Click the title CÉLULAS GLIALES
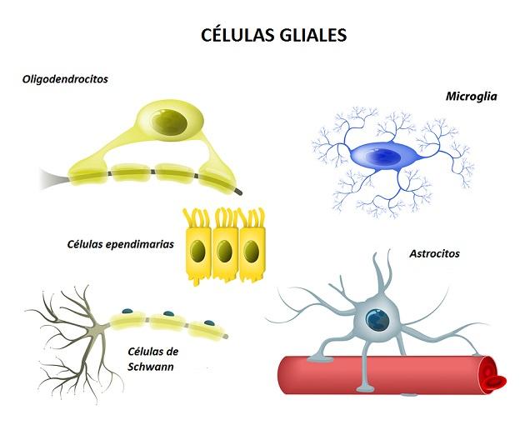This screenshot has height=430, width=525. point(273,34)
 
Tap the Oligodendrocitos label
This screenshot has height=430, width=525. point(65,79)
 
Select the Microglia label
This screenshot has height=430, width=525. point(471,97)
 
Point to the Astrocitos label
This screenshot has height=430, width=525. point(434,253)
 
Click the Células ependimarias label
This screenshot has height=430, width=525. point(121,244)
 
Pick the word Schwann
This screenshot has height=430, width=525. point(151,367)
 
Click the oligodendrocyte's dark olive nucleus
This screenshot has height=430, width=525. point(168,122)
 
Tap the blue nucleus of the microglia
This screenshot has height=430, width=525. point(382,157)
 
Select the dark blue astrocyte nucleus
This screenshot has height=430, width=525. point(378,320)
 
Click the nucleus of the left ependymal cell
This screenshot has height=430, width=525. point(197,251)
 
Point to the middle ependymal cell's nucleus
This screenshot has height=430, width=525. point(224,251)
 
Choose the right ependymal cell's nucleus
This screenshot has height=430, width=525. point(251,251)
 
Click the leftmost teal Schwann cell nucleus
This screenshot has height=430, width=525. point(127,311)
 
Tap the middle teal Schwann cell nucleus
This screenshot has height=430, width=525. point(168,314)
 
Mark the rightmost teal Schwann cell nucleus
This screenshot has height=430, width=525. point(210,323)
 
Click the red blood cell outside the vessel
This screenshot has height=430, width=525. point(496,382)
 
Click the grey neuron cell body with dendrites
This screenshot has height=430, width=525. point(97,330)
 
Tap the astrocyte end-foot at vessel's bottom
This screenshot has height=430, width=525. point(366,388)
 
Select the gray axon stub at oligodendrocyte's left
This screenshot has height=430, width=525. point(53,179)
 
